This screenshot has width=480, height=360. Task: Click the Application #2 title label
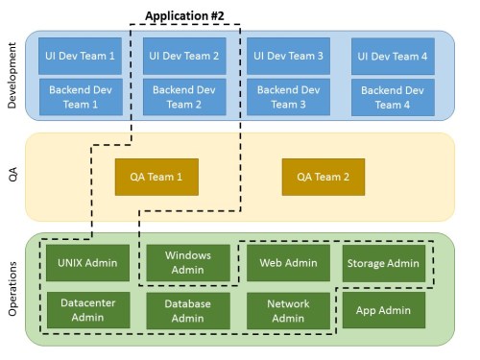click(184, 15)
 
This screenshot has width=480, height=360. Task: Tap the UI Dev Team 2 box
click(184, 57)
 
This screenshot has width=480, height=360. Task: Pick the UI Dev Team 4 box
click(393, 57)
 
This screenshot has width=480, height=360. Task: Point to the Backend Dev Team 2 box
click(184, 97)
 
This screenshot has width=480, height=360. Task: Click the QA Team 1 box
click(156, 177)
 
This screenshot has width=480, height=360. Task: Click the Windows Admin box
click(188, 263)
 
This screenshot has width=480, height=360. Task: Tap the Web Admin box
click(288, 263)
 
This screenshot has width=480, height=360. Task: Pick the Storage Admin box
click(384, 263)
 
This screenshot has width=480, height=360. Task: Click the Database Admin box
click(188, 311)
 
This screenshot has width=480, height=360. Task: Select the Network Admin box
click(288, 311)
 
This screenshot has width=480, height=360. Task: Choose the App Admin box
click(384, 310)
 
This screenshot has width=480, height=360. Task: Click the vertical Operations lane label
click(12, 288)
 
